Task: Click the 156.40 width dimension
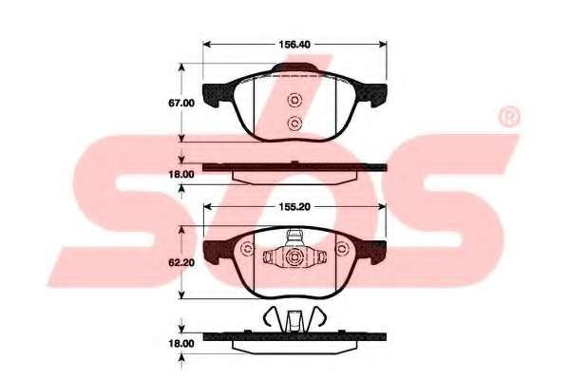(x=294, y=45)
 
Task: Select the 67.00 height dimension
(x=181, y=103)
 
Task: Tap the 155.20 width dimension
(x=294, y=207)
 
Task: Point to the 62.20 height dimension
(x=181, y=262)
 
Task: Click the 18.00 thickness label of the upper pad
(x=181, y=175)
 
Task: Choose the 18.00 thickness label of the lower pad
(x=181, y=344)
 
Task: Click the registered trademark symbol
(x=509, y=117)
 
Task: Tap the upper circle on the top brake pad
(x=294, y=100)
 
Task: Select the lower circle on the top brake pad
(x=294, y=123)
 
